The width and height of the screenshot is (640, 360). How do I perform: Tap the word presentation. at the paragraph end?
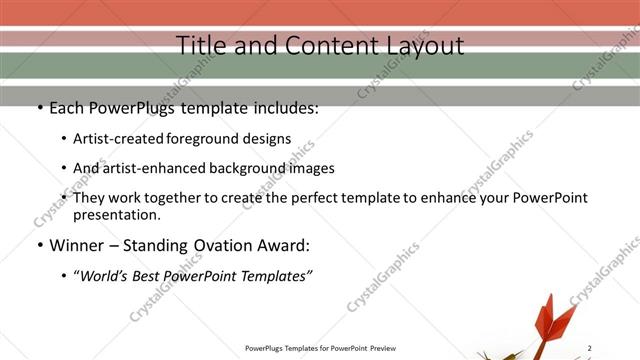(116, 214)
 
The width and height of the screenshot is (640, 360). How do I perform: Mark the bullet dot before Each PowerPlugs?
(39, 108)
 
